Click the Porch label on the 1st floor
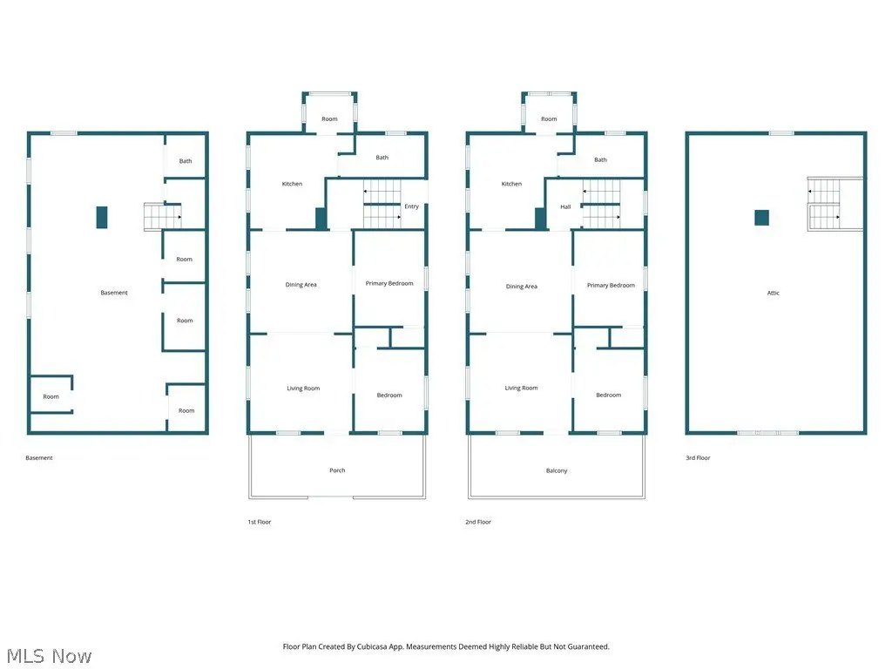tap(337, 470)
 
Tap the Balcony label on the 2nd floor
tap(557, 470)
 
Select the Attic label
tap(774, 293)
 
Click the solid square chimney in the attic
tap(761, 218)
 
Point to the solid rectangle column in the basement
tap(102, 217)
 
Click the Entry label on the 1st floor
tap(411, 206)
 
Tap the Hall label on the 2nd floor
tap(565, 206)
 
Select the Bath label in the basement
tap(186, 161)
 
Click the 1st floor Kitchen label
tap(292, 184)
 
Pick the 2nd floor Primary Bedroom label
tap(611, 285)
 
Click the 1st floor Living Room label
tap(303, 388)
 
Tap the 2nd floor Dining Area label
tap(522, 286)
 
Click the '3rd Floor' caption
tap(698, 457)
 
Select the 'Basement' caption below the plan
tap(39, 457)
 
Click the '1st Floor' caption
tap(260, 522)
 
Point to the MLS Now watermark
tap(49, 656)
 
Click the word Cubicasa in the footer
tap(374, 647)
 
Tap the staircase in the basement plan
tap(163, 217)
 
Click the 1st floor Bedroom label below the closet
tap(389, 395)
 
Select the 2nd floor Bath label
tap(601, 160)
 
